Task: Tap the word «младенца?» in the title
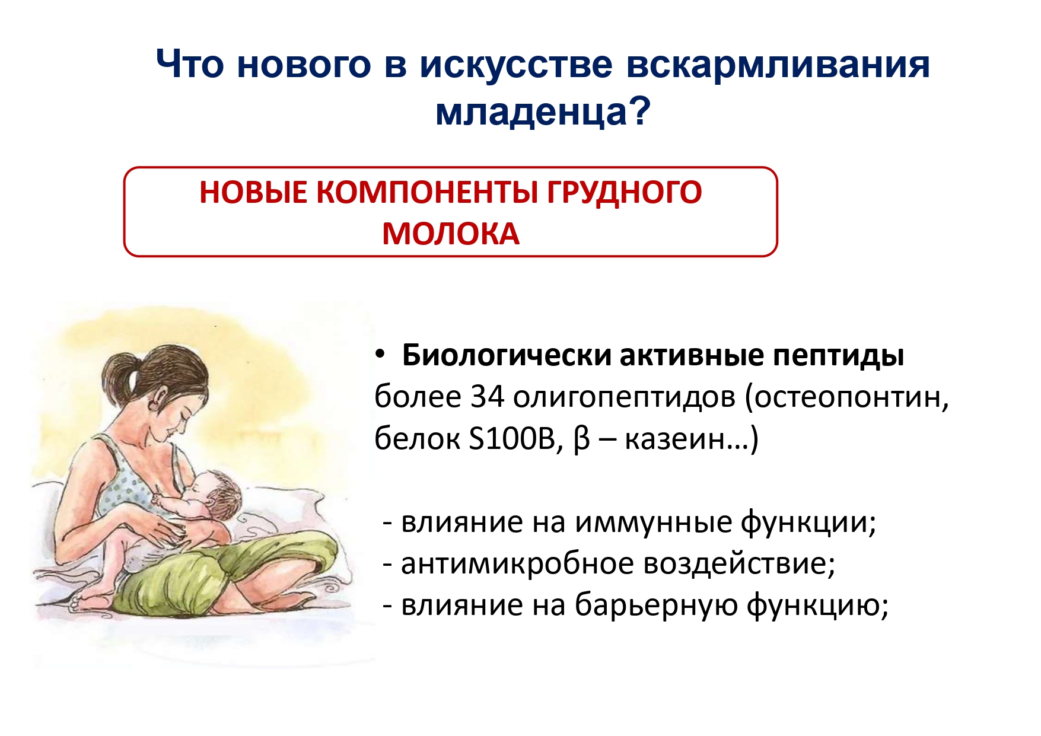point(543,111)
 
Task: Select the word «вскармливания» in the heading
point(778,65)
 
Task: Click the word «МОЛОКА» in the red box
point(451,234)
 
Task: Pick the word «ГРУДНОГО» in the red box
point(624,193)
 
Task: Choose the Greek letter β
point(582,440)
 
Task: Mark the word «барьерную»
point(656,605)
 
